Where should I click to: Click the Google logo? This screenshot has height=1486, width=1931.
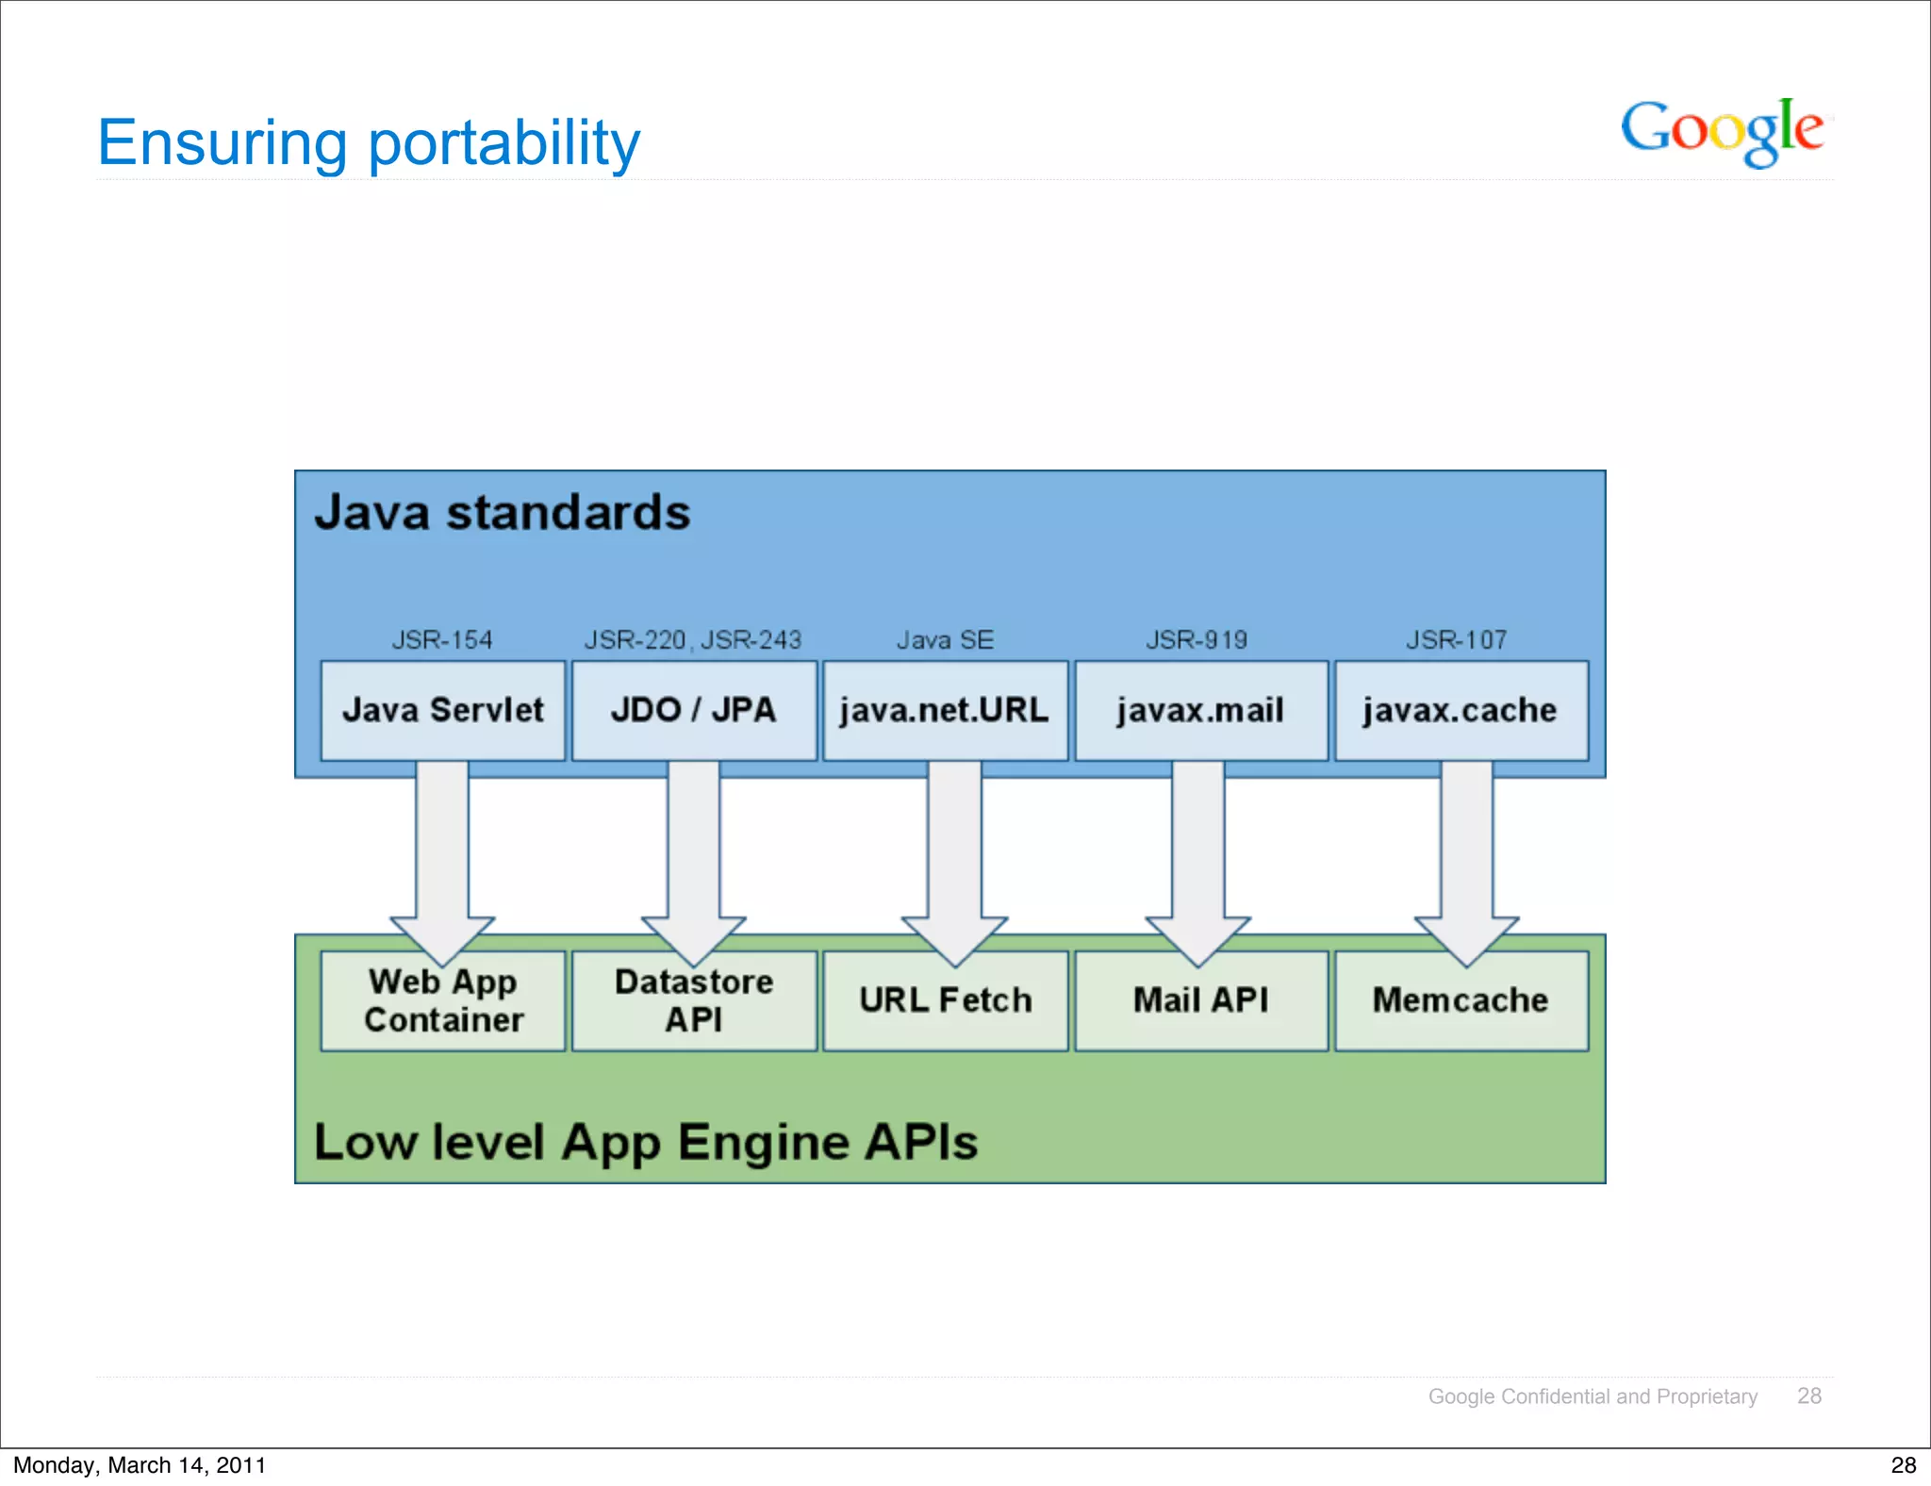tap(1722, 131)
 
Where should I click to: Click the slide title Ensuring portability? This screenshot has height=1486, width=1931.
tap(369, 143)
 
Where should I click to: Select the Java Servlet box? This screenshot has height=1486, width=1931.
tap(442, 710)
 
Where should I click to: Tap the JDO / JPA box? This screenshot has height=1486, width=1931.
tap(694, 710)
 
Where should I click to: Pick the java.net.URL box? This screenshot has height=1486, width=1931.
tap(945, 710)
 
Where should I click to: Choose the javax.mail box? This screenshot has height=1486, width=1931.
tap(1200, 710)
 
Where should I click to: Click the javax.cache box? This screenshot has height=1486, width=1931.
tap(1461, 710)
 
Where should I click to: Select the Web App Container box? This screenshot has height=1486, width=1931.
tap(442, 1001)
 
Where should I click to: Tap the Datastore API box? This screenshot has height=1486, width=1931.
tap(694, 1001)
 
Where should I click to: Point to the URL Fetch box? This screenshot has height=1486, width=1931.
tap(945, 1001)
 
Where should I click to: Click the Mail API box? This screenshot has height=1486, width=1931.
tap(1200, 1001)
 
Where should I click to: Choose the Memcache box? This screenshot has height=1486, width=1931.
tap(1461, 1001)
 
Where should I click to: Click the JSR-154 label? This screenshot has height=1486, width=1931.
tap(442, 640)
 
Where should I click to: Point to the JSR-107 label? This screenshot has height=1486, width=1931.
tap(1457, 640)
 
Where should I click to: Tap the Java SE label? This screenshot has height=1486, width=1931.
tap(945, 640)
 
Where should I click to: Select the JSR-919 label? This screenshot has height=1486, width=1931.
tap(1197, 640)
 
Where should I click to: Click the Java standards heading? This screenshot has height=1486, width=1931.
tap(503, 513)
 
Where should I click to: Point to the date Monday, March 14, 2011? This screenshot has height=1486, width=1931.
tap(140, 1465)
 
